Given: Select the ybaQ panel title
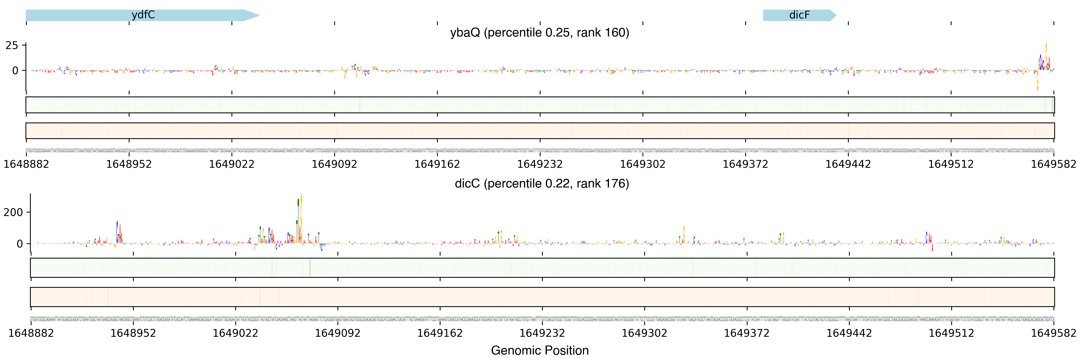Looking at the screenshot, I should [x=539, y=33].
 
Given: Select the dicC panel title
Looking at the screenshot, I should [x=542, y=183].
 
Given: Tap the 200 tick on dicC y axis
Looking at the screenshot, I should [x=13, y=212].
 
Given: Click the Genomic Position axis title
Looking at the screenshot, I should [x=539, y=350].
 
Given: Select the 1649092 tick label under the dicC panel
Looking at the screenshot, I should [x=337, y=333].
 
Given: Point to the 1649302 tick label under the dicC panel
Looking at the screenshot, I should [x=644, y=333].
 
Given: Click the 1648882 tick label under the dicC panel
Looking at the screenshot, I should [x=31, y=333].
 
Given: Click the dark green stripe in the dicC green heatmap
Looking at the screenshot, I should [x=310, y=268].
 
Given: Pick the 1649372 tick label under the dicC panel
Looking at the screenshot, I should [x=747, y=333].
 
